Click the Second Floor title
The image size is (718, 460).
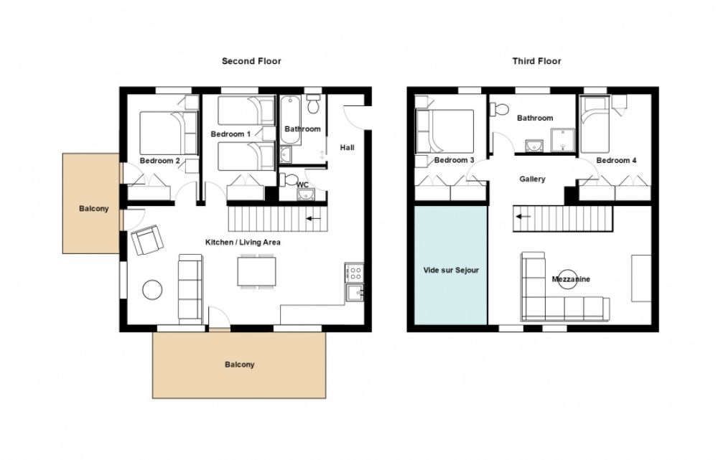click(x=251, y=61)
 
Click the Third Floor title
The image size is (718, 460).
click(x=536, y=61)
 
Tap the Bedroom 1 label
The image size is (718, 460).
click(x=230, y=134)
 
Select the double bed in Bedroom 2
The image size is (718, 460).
click(x=169, y=133)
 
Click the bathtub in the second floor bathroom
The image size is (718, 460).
click(x=290, y=120)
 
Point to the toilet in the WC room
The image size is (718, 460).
click(x=289, y=180)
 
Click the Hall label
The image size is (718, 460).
click(x=347, y=147)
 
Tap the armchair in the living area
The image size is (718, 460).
click(x=147, y=240)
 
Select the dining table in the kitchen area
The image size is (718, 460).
click(x=256, y=271)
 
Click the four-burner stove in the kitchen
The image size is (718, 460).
click(x=355, y=273)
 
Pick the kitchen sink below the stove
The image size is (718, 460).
click(x=355, y=293)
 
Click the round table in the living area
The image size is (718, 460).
click(x=152, y=290)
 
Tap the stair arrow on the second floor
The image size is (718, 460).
click(x=314, y=219)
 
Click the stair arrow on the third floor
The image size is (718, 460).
click(x=524, y=217)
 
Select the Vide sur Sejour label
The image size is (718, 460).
click(x=451, y=270)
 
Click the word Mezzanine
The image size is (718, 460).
click(x=571, y=279)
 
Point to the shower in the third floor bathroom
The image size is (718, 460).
click(x=562, y=140)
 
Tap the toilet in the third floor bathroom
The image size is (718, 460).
click(x=499, y=110)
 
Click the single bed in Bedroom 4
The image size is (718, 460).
click(x=595, y=124)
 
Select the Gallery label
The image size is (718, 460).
click(x=532, y=179)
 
